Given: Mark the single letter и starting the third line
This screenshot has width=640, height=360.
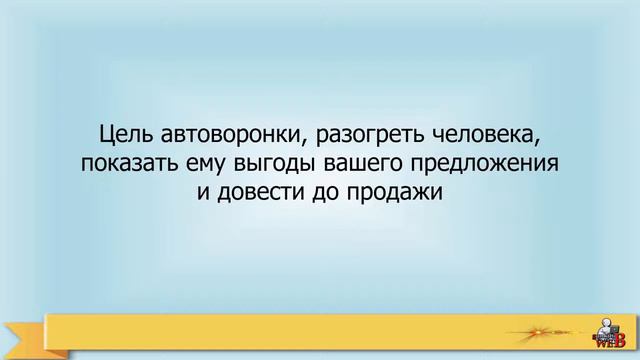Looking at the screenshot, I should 204,189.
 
